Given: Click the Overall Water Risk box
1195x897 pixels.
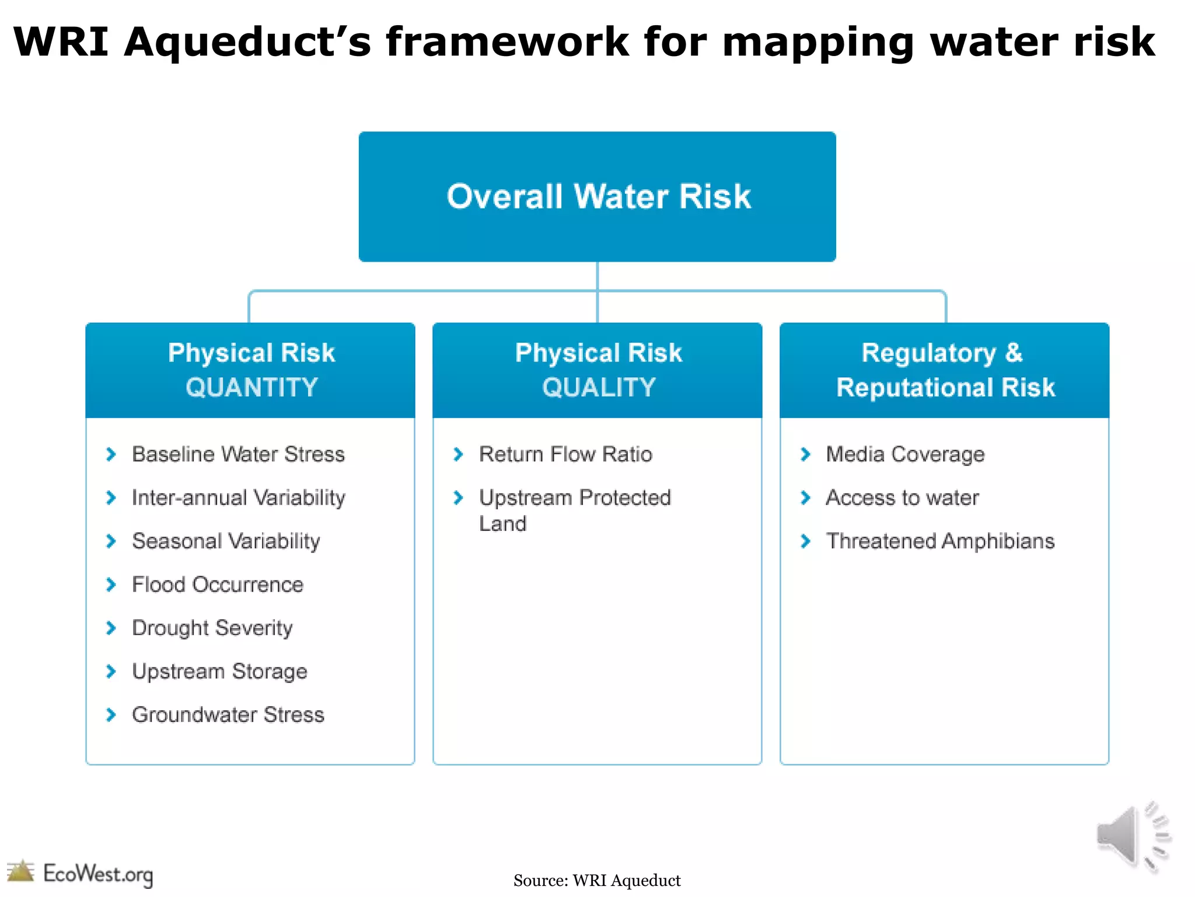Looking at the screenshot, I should pyautogui.click(x=597, y=196).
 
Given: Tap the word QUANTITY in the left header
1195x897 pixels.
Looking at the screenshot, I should pyautogui.click(x=251, y=388).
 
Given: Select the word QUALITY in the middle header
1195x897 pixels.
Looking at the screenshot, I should pyautogui.click(x=599, y=388).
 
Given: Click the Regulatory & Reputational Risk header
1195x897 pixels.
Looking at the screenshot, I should pyautogui.click(x=945, y=370).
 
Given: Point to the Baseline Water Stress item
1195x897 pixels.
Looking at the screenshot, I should pyautogui.click(x=238, y=454).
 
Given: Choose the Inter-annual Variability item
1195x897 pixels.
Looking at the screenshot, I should pyautogui.click(x=238, y=498).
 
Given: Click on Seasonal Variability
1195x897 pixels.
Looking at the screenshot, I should pyautogui.click(x=226, y=541).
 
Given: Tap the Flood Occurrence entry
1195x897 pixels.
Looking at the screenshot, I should pyautogui.click(x=218, y=585).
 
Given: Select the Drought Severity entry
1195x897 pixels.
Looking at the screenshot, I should pyautogui.click(x=212, y=628).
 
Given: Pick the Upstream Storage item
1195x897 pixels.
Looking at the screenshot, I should pyautogui.click(x=219, y=672).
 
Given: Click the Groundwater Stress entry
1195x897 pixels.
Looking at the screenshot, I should pyautogui.click(x=228, y=715).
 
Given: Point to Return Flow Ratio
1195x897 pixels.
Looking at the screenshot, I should pyautogui.click(x=565, y=454).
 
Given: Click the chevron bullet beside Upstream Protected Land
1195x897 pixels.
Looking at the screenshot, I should pyautogui.click(x=458, y=498).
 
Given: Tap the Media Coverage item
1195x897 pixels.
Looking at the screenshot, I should pyautogui.click(x=905, y=454).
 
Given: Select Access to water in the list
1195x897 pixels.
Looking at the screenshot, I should pyautogui.click(x=902, y=498).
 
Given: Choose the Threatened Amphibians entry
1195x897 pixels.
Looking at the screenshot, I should pyautogui.click(x=940, y=541).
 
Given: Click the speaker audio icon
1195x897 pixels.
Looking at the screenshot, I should pyautogui.click(x=1132, y=836).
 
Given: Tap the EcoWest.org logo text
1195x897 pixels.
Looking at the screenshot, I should pyautogui.click(x=98, y=874).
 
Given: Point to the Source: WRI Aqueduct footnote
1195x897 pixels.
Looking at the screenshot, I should pyautogui.click(x=597, y=881).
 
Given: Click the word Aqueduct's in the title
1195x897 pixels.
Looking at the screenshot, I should pyautogui.click(x=247, y=42).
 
